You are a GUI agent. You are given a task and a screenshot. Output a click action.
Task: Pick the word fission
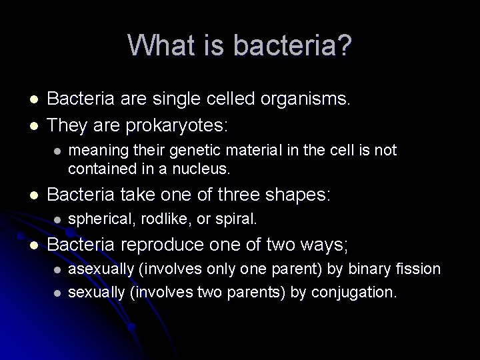pyautogui.click(x=422, y=269)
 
